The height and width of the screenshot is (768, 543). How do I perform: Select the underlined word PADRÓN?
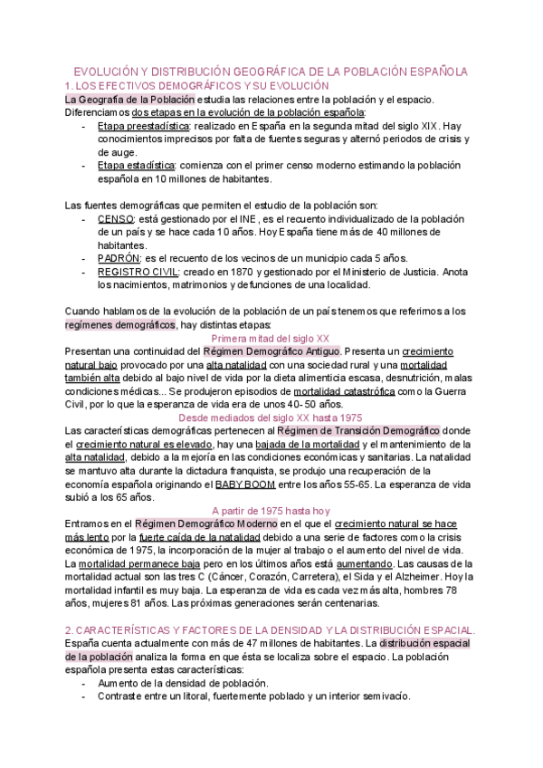click(x=119, y=258)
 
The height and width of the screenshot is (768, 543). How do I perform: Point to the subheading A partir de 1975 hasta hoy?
click(x=271, y=510)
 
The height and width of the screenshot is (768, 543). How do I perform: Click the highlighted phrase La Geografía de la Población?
click(x=117, y=100)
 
